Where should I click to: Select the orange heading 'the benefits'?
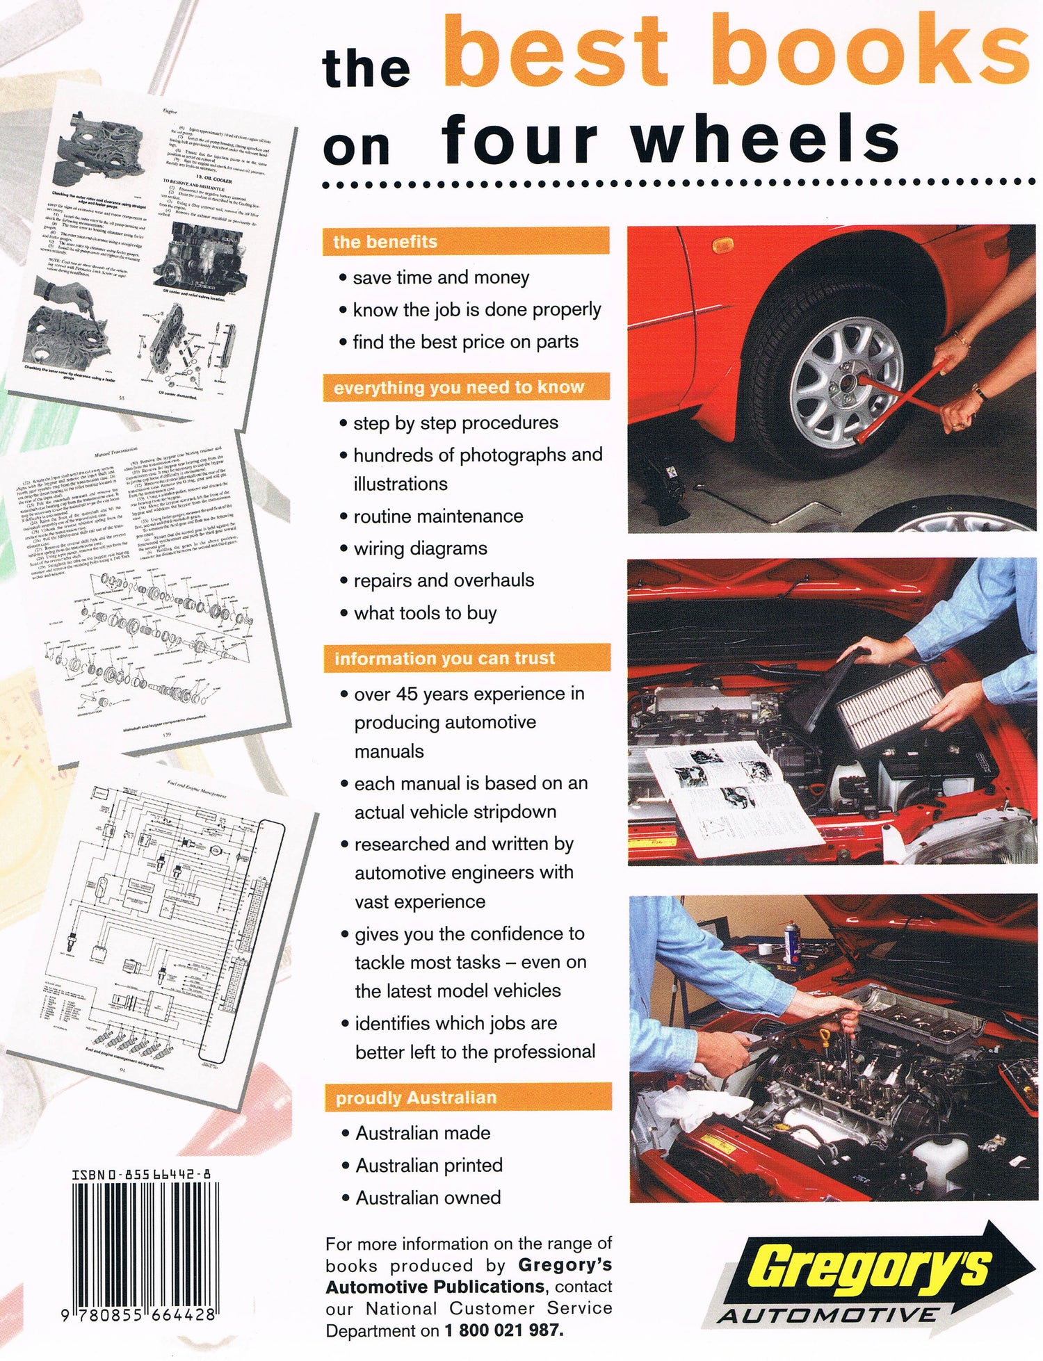(385, 242)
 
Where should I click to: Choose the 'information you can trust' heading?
(445, 658)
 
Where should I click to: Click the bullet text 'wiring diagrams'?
(420, 548)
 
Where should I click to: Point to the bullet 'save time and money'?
(441, 277)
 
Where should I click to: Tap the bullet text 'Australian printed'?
(428, 1165)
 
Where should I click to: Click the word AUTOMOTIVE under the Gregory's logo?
(827, 1315)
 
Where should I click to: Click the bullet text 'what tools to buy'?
(425, 613)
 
